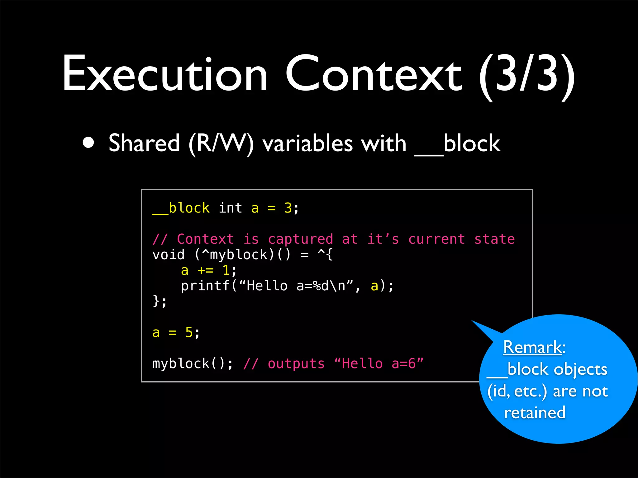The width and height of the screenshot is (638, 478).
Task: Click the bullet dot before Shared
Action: (x=88, y=143)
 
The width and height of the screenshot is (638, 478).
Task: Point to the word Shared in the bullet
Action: (x=144, y=143)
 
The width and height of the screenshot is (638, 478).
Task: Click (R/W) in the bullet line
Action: (x=221, y=144)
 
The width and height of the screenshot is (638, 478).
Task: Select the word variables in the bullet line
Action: (x=308, y=144)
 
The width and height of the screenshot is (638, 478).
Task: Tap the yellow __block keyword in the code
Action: (x=181, y=208)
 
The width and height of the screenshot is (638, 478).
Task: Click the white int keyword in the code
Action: (x=230, y=208)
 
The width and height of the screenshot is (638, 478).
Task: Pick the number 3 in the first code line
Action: (x=288, y=208)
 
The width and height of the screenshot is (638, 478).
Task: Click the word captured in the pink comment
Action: (x=300, y=239)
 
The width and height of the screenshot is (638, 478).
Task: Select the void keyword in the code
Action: (x=168, y=255)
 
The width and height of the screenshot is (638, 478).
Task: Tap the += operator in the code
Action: (x=206, y=270)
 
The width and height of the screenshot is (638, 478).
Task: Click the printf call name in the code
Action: (x=205, y=286)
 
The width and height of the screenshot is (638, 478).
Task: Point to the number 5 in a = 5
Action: (x=189, y=333)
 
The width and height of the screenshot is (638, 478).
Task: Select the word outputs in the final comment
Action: (x=296, y=364)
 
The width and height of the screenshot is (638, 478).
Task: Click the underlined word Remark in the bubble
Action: (x=532, y=347)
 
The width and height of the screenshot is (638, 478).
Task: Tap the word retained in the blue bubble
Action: (x=535, y=413)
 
